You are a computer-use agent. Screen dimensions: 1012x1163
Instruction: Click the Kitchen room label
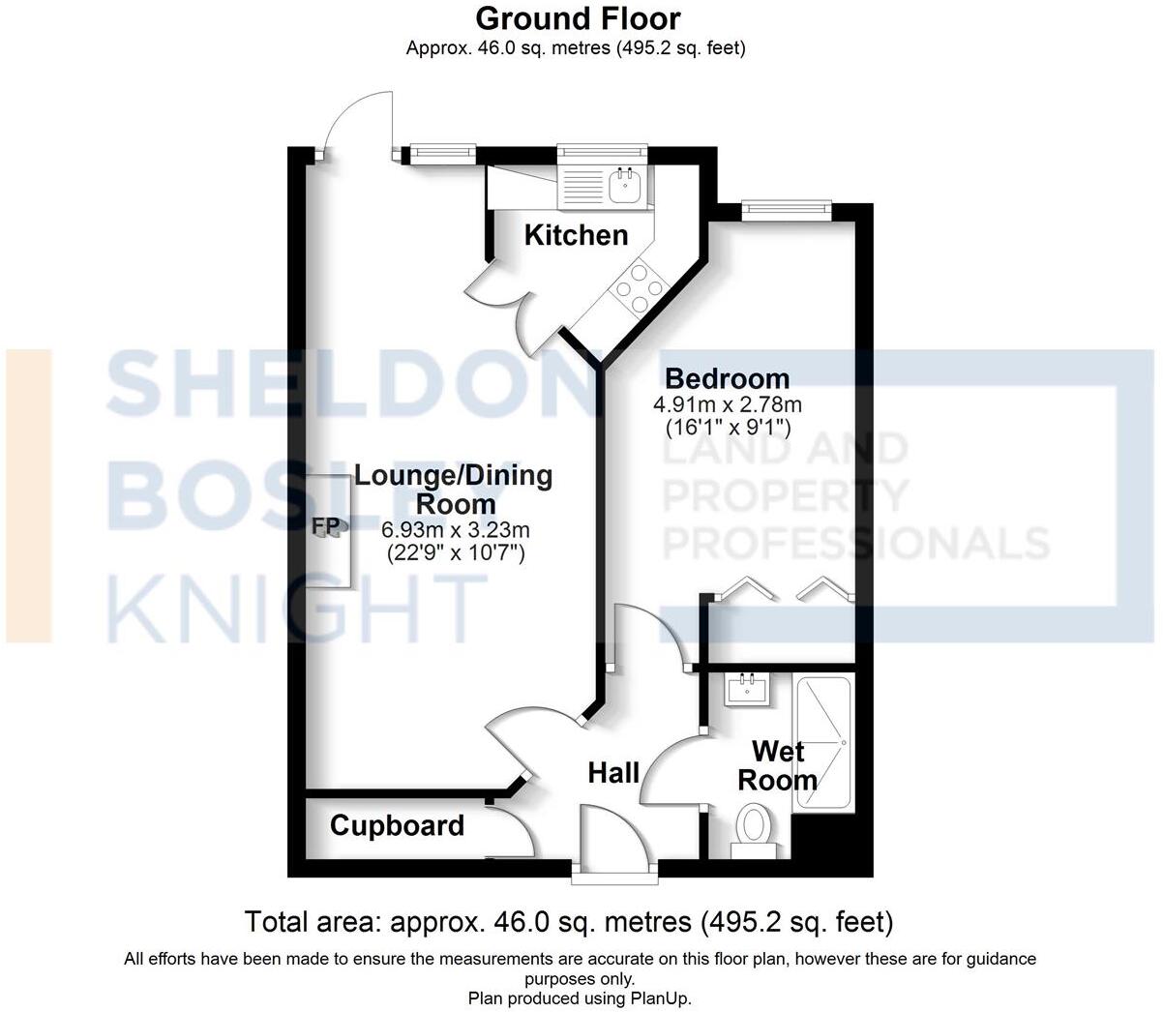(576, 235)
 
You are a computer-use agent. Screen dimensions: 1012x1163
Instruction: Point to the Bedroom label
(727, 378)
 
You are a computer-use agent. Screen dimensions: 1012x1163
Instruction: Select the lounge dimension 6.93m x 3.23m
(455, 530)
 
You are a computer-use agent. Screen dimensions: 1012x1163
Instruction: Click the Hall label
(614, 772)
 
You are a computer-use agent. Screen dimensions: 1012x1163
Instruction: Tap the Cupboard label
(397, 825)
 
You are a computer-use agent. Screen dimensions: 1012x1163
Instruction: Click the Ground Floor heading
(578, 17)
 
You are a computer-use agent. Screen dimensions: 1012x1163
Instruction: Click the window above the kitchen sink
(601, 151)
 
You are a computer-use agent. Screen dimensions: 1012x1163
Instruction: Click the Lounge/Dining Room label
(455, 490)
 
